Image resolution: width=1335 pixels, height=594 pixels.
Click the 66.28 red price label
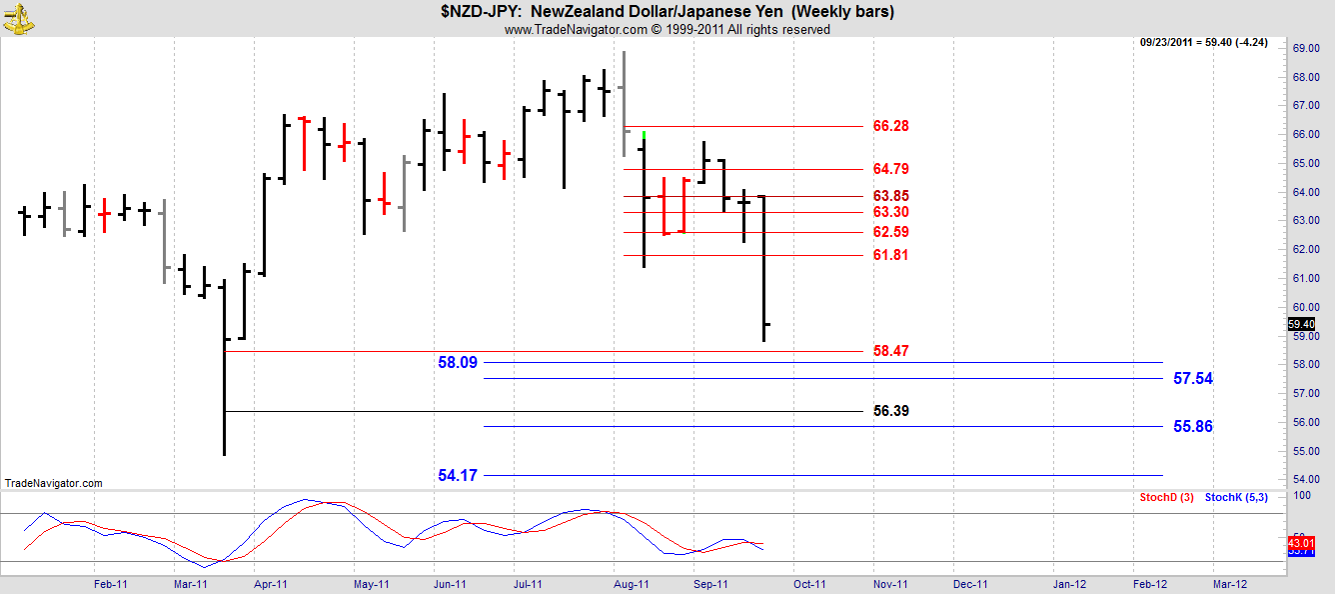point(890,126)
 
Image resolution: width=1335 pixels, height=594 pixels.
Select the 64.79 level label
point(890,169)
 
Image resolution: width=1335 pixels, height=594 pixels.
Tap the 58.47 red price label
point(890,351)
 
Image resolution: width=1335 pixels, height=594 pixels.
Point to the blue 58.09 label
point(458,362)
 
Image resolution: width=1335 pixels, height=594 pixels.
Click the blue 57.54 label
point(1193,379)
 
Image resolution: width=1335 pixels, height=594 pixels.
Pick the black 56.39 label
point(890,411)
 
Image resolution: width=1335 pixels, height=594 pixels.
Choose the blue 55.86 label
point(1193,426)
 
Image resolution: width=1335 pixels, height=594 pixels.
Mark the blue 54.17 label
point(458,475)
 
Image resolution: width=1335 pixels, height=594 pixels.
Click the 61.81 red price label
point(890,255)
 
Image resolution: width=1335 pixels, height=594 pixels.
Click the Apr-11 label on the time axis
point(271,584)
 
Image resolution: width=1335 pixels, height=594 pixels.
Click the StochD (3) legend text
point(1166,497)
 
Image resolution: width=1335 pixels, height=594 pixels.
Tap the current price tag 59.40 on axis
point(1301,324)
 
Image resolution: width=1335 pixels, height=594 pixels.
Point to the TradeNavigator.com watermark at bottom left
point(53,483)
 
